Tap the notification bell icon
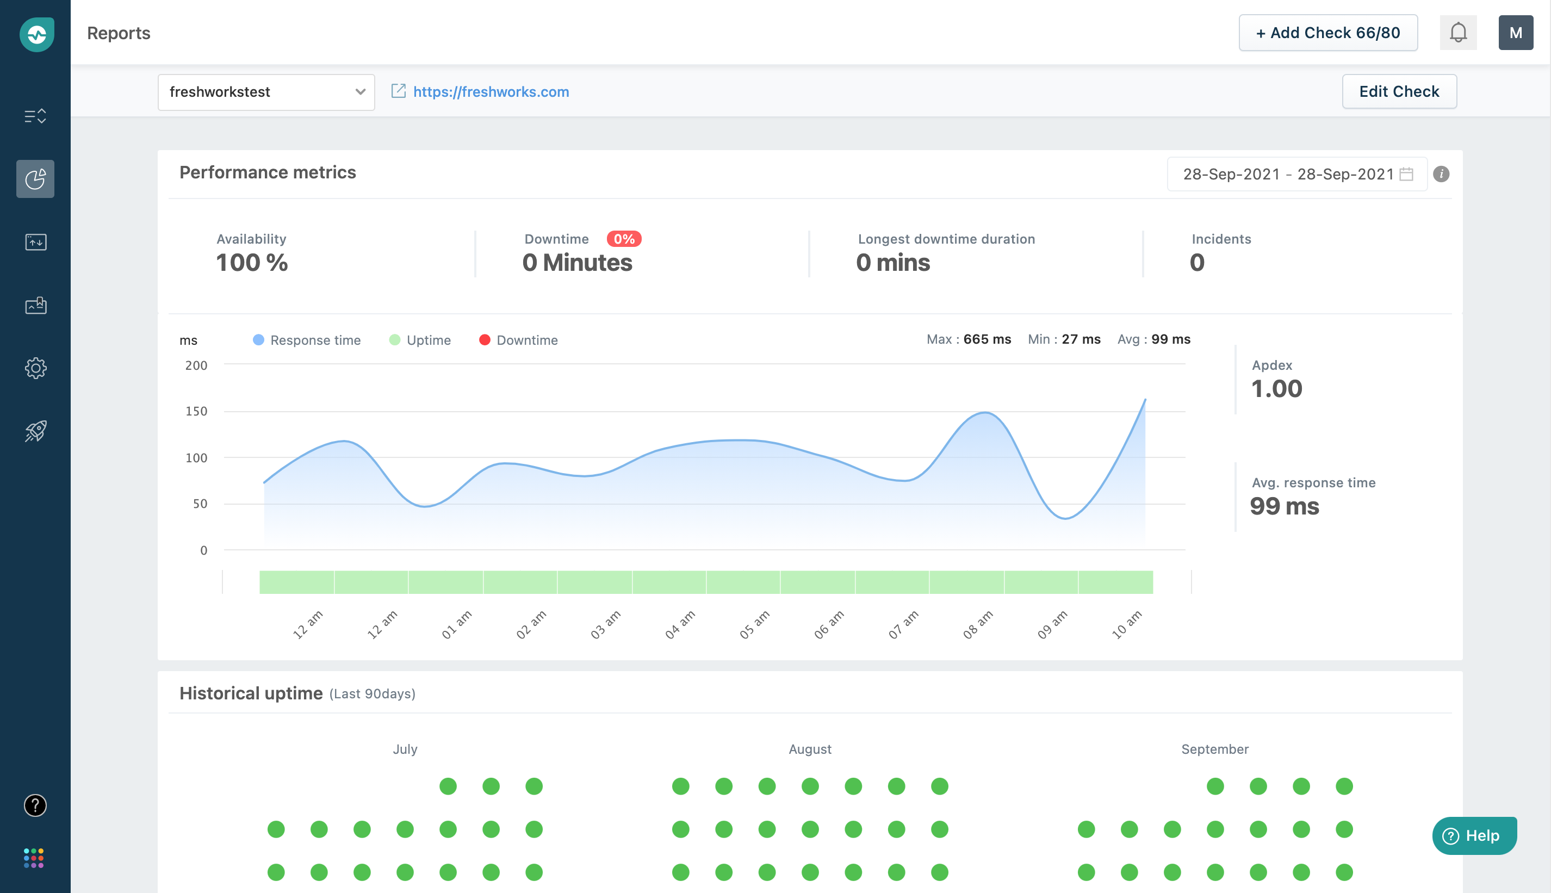click(x=1458, y=33)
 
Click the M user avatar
click(x=1516, y=33)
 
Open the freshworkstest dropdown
click(x=265, y=92)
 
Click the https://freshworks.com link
click(x=491, y=92)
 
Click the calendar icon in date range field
click(x=1406, y=174)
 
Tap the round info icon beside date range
click(x=1441, y=174)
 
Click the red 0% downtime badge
click(x=624, y=239)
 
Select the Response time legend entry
click(x=307, y=340)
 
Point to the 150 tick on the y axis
click(x=196, y=412)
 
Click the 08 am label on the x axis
click(x=978, y=624)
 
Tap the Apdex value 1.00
click(x=1276, y=389)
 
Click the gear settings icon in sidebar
click(x=35, y=368)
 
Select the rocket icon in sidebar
click(x=35, y=431)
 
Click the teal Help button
click(x=1474, y=835)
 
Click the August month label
click(x=810, y=749)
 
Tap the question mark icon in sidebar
click(x=35, y=805)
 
